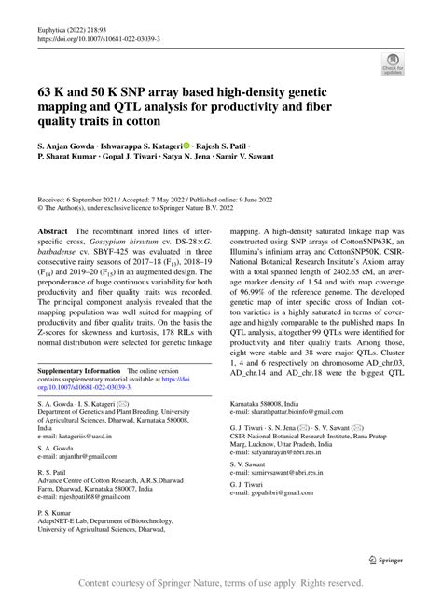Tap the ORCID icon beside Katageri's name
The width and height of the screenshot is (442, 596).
tap(186, 147)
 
